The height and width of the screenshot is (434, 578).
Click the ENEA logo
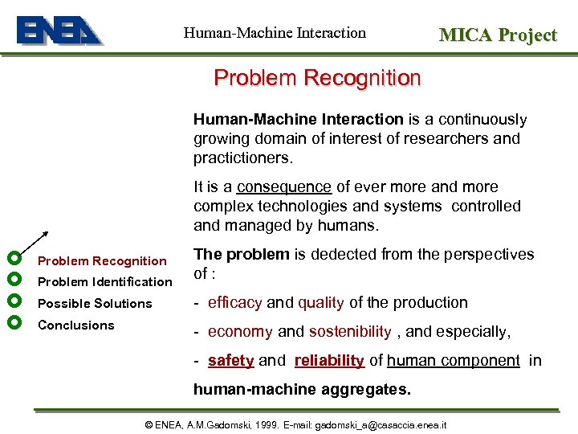click(x=59, y=31)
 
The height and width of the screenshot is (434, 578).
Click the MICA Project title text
click(x=497, y=35)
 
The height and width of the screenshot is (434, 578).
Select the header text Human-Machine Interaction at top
click(x=275, y=33)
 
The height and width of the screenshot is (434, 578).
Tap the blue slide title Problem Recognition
click(x=317, y=78)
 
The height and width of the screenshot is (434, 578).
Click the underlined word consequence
click(x=283, y=186)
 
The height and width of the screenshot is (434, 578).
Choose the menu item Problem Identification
click(x=104, y=282)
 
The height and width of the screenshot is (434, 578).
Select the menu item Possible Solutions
click(x=95, y=304)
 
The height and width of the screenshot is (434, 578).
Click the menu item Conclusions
click(x=76, y=325)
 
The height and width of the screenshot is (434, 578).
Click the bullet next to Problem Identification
click(x=13, y=279)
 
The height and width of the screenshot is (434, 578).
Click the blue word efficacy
click(x=234, y=303)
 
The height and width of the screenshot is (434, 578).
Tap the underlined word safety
click(x=230, y=361)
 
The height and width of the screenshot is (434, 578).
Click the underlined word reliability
click(x=329, y=361)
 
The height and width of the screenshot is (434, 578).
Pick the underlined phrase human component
click(x=453, y=361)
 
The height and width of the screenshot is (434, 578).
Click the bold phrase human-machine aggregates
click(x=301, y=390)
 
